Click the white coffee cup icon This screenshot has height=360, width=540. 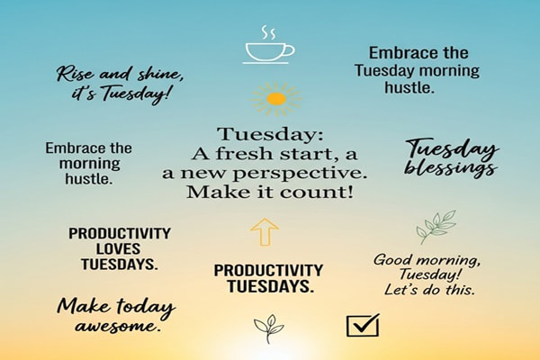269,50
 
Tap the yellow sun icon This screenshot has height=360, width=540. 276,98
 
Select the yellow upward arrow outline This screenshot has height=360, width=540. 264,231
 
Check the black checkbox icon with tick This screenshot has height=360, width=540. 363,325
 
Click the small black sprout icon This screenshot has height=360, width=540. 268,328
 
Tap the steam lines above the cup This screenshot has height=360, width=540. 268,32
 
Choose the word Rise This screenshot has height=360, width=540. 76,74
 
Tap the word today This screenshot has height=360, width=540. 141,306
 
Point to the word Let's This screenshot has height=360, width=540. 402,290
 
